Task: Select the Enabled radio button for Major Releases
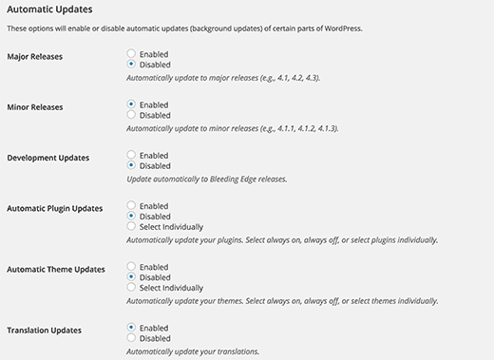point(131,54)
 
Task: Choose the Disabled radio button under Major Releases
point(131,64)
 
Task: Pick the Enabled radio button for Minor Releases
point(131,104)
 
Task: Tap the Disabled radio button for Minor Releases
point(131,115)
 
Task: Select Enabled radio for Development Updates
point(131,155)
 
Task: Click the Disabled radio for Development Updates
point(131,165)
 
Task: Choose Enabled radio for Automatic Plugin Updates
point(131,205)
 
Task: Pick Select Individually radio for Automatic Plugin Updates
point(131,226)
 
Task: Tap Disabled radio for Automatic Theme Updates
point(131,277)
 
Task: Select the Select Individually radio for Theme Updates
point(131,287)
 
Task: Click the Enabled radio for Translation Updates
point(131,328)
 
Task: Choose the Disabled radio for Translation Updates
point(131,338)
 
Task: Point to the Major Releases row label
point(34,57)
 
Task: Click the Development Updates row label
point(47,158)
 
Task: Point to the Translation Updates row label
point(44,331)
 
